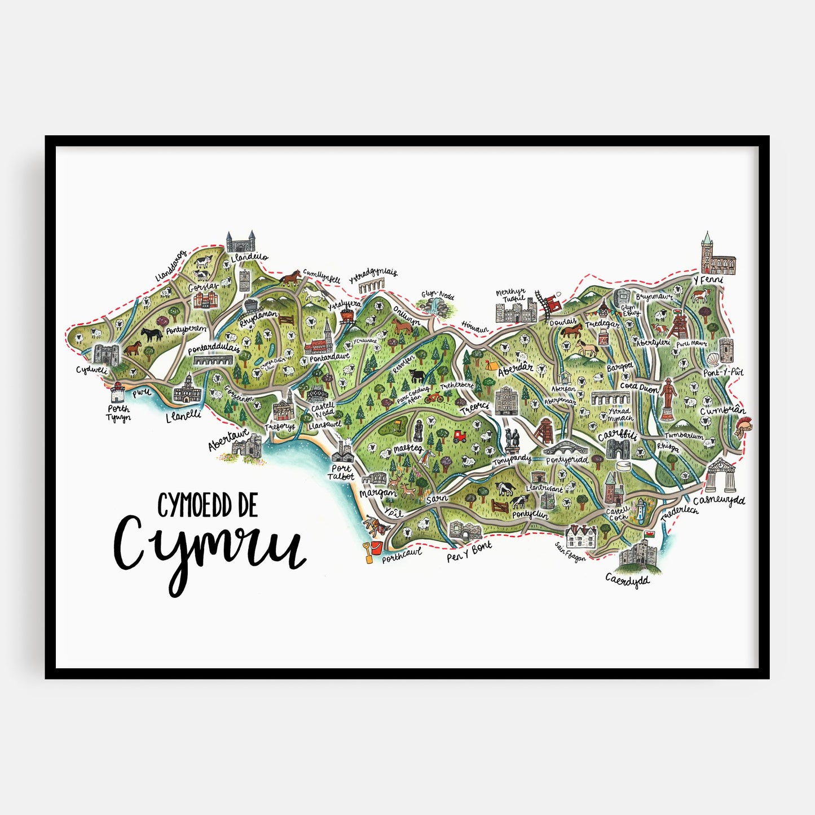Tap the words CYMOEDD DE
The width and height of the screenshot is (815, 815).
click(207, 505)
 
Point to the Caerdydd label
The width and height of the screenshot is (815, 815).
click(627, 580)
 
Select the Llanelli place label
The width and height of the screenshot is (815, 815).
click(183, 416)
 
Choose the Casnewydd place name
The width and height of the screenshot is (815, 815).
click(719, 501)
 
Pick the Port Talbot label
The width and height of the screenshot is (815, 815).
click(341, 472)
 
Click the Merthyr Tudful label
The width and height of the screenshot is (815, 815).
click(510, 295)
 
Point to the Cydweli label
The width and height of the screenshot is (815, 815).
click(91, 371)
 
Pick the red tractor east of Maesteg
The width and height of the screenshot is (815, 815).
click(460, 436)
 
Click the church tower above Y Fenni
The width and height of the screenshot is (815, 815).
click(707, 246)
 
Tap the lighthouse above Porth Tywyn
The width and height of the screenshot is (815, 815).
click(117, 391)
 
